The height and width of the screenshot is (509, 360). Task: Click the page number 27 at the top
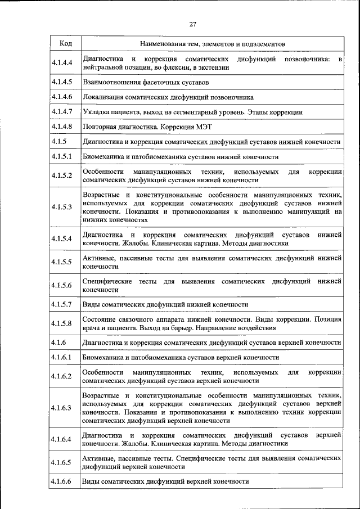coord(192,24)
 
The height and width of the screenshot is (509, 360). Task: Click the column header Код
coord(65,43)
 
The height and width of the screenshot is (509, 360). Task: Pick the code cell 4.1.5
coord(58,141)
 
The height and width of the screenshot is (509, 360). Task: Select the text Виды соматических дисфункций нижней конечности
coord(165,304)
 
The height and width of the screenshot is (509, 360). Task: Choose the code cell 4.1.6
coord(58,342)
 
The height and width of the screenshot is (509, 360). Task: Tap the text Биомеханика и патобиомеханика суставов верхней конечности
coord(181,357)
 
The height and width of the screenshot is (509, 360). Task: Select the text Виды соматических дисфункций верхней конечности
coord(165,482)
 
